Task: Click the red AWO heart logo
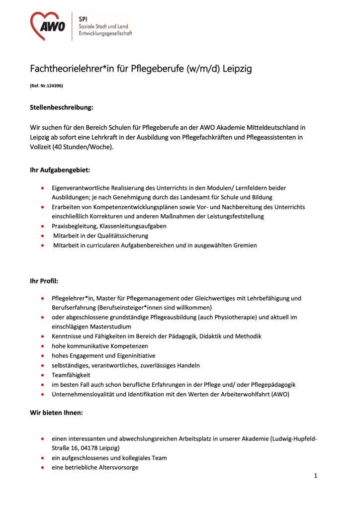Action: tap(48, 25)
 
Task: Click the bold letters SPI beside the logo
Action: tap(83, 16)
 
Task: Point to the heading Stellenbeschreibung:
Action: tap(62, 107)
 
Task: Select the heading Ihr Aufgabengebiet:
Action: tap(60, 170)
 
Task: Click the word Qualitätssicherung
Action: tap(122, 236)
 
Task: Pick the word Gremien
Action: tap(244, 245)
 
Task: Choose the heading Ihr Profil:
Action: tap(44, 281)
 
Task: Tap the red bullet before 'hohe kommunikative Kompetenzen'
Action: tap(43, 346)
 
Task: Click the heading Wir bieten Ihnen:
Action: tap(57, 412)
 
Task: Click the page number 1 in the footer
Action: tap(315, 476)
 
